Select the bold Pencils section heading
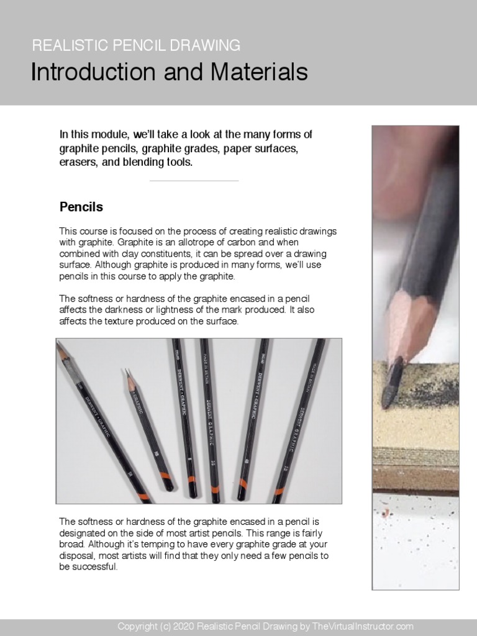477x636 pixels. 81,206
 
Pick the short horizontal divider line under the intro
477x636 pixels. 194,181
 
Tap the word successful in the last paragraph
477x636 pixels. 95,567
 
